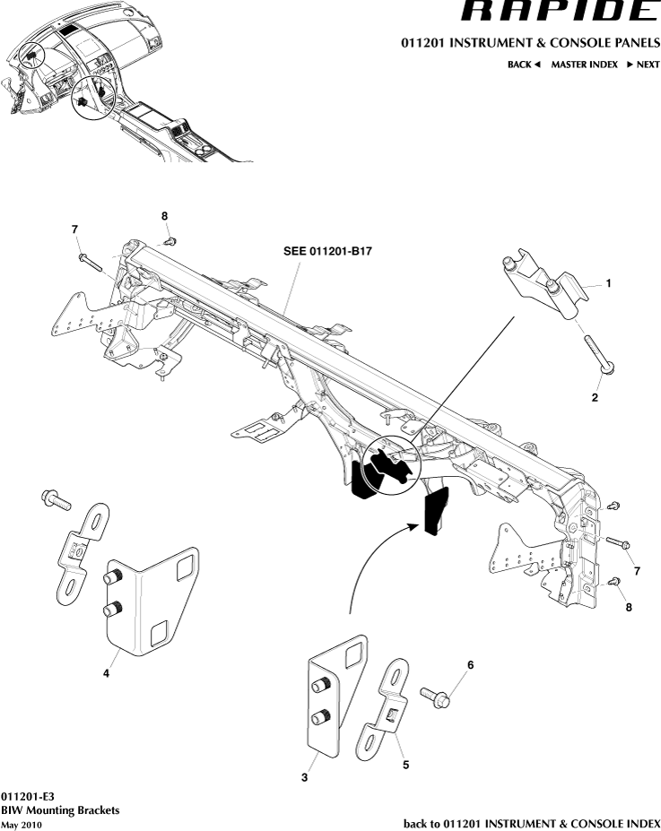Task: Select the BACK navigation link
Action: tap(524, 65)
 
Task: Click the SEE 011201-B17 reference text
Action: tap(321, 252)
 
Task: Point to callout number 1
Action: tap(609, 282)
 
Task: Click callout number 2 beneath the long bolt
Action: tap(594, 397)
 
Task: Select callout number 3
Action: tap(304, 778)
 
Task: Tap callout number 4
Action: tap(106, 673)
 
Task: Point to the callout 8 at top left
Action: tap(165, 216)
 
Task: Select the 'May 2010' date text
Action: tap(22, 824)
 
